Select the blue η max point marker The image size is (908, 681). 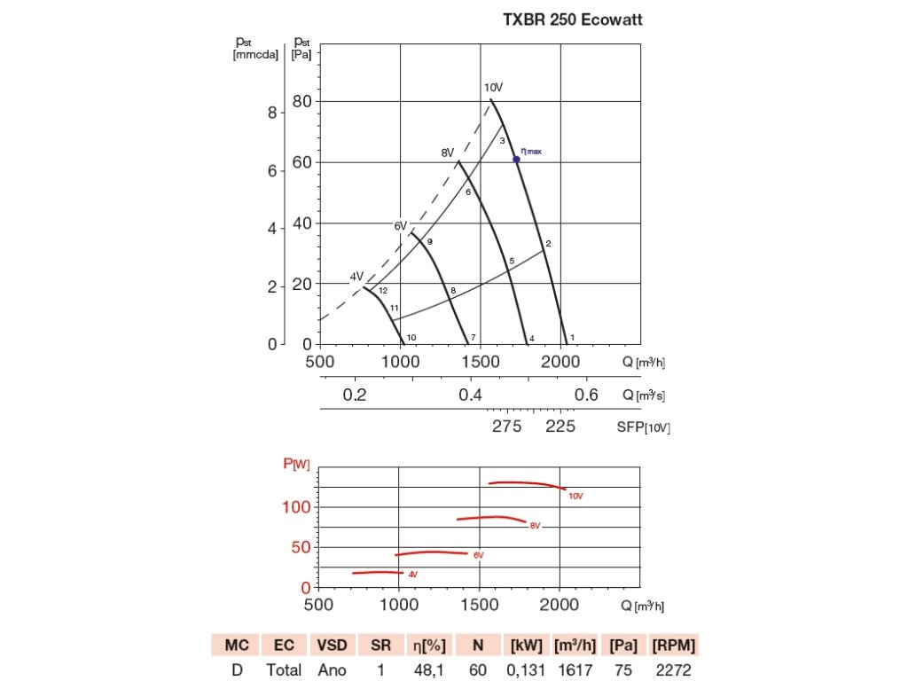click(516, 159)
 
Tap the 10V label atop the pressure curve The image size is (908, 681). click(493, 88)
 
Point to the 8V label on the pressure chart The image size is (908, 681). click(448, 153)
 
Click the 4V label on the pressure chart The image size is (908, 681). click(356, 277)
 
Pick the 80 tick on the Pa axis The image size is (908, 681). click(303, 102)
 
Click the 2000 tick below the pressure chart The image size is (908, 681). click(560, 362)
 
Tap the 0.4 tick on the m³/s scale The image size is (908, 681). click(470, 395)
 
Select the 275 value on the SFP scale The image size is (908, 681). click(507, 427)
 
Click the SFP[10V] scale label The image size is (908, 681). click(643, 427)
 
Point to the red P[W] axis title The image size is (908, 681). click(296, 463)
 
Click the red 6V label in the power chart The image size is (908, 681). click(478, 555)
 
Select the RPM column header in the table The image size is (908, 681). click(674, 644)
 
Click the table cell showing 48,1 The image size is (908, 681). click(431, 669)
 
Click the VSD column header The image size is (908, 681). click(332, 644)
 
